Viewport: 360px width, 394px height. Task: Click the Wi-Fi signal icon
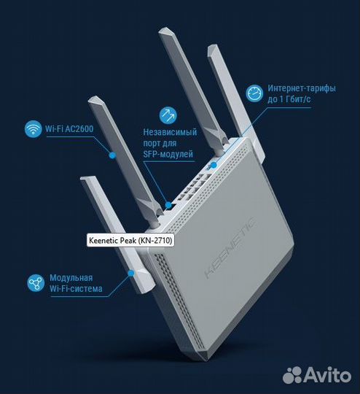[32, 130]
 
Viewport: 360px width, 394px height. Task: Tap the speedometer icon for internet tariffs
[254, 93]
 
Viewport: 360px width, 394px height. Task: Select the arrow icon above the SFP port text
[167, 114]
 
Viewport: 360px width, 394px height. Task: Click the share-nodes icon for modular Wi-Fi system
[33, 285]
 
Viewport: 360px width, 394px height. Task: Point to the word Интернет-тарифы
[302, 88]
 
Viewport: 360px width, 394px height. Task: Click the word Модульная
[71, 279]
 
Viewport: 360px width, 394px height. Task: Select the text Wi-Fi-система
[76, 290]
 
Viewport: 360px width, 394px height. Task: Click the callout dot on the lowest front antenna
[130, 274]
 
